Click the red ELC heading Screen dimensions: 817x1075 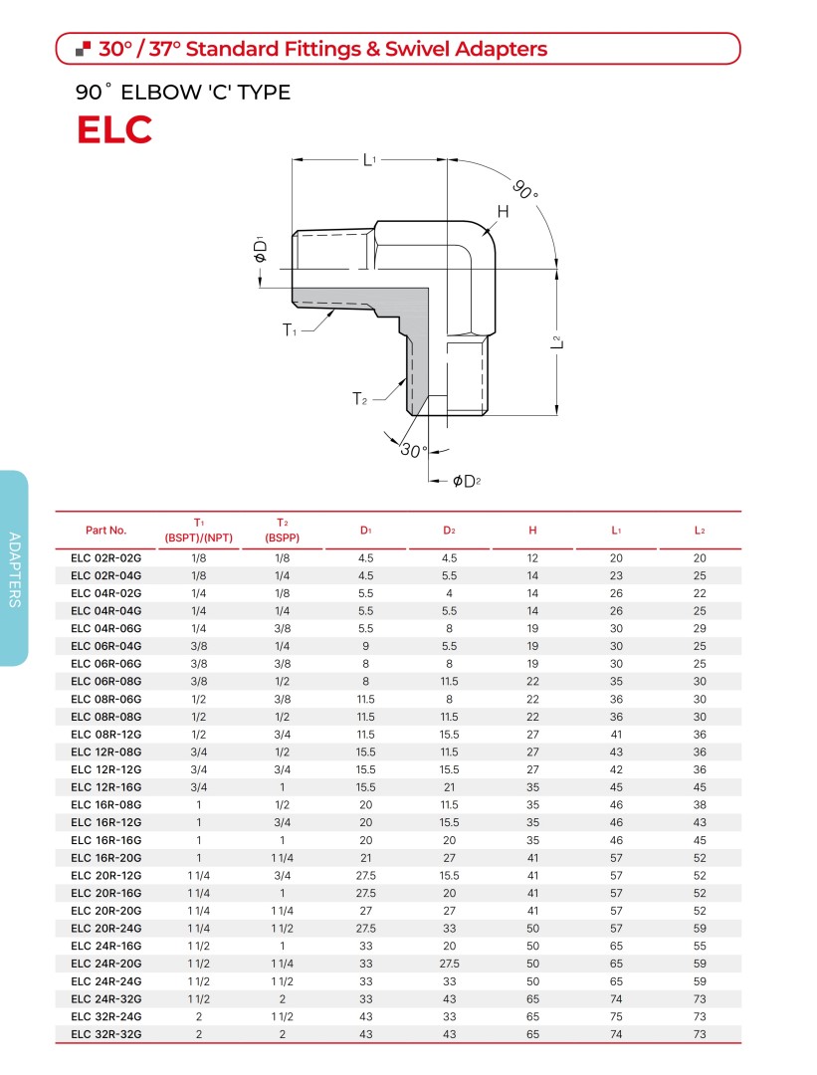point(114,129)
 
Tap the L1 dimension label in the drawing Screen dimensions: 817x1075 point(369,159)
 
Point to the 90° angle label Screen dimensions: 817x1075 point(525,189)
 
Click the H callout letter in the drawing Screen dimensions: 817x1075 point(504,211)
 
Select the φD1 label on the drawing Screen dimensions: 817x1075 point(260,250)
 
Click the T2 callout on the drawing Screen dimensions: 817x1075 point(360,398)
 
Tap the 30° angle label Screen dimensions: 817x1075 point(413,451)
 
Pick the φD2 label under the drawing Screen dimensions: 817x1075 point(467,482)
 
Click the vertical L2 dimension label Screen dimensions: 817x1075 point(556,341)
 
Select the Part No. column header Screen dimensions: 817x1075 point(106,530)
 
